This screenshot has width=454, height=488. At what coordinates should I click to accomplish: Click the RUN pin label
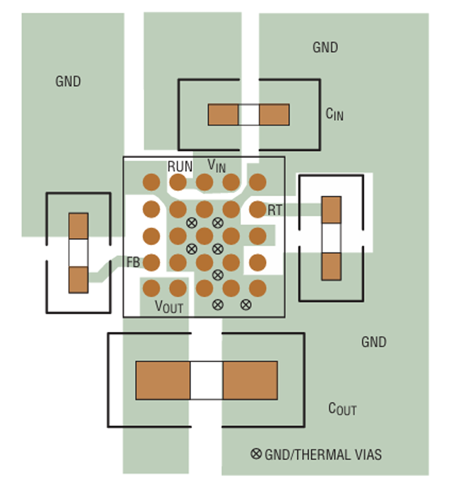179,167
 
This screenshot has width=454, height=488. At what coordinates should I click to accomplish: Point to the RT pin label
275,211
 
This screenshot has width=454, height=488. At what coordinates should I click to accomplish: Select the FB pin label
133,262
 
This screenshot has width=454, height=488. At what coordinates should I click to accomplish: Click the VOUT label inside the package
169,307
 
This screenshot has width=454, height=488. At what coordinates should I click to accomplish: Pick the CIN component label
334,113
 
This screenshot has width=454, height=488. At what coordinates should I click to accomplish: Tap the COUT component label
342,409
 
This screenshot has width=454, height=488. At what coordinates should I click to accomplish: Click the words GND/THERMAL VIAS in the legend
323,455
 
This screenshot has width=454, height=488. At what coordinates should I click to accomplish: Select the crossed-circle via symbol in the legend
256,454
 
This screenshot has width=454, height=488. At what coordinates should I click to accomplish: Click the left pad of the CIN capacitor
223,115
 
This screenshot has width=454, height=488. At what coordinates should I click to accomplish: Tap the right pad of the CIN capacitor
274,115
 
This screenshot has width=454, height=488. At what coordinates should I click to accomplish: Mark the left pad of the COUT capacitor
163,380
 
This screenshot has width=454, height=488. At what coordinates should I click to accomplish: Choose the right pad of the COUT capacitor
250,380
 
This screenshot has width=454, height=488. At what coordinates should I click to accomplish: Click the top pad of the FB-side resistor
78,226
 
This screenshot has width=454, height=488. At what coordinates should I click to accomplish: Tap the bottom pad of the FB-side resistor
78,279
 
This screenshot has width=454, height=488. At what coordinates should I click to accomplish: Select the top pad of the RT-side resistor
331,210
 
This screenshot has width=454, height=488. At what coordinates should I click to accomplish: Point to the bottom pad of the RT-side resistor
331,266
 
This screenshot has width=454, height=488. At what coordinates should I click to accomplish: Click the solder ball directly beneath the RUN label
178,182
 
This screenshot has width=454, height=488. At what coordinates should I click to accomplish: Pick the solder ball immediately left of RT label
258,209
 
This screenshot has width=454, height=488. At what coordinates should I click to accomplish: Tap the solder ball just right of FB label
151,262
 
